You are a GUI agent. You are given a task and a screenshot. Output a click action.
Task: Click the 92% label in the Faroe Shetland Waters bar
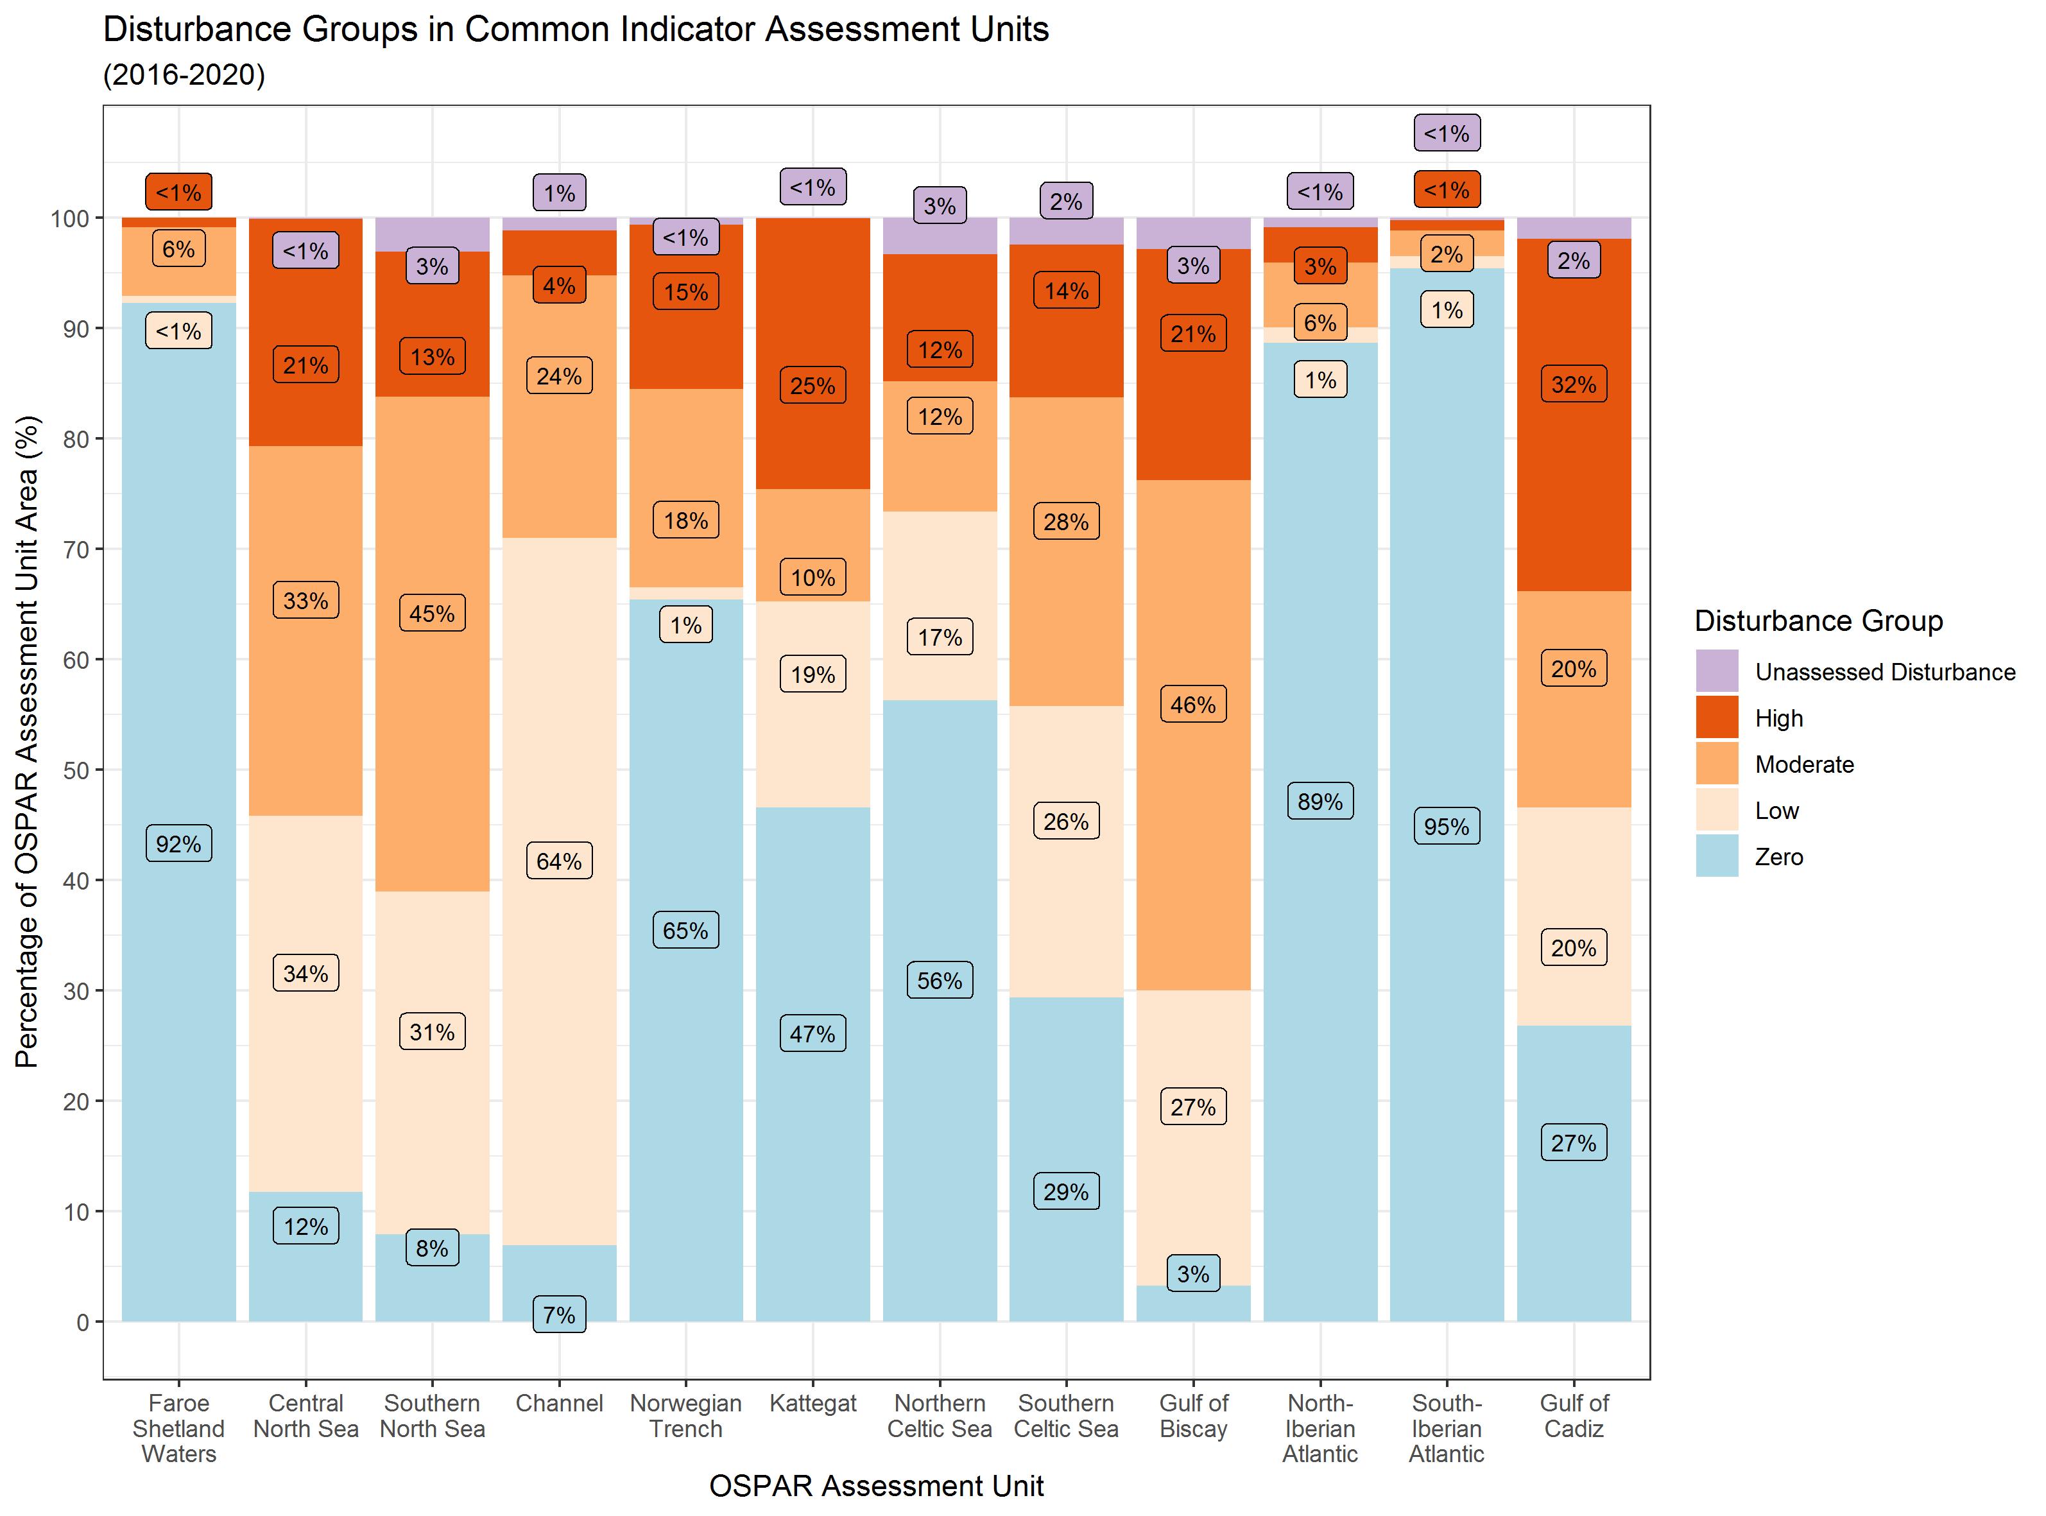(x=179, y=843)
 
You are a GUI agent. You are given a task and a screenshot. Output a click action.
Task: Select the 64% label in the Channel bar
(x=559, y=861)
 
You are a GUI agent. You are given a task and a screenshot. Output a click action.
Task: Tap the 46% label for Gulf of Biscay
(x=1192, y=705)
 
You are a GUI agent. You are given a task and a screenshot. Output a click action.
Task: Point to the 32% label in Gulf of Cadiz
(x=1574, y=384)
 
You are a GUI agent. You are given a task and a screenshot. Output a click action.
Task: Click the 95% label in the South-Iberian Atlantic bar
(x=1447, y=827)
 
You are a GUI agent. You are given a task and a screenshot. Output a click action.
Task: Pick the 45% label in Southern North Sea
(x=432, y=613)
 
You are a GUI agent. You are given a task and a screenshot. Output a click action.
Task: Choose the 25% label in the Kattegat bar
(x=813, y=386)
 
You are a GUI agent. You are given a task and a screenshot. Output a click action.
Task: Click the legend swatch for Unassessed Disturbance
(x=1717, y=671)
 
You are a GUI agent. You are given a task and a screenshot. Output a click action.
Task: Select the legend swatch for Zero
(x=1717, y=856)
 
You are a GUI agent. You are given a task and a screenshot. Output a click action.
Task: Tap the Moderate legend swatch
(x=1717, y=764)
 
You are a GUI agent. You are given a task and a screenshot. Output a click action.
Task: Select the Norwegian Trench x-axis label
(x=685, y=1416)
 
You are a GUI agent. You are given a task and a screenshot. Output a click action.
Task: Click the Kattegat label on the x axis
(x=813, y=1403)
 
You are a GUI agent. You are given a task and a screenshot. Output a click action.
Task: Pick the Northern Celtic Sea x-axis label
(x=940, y=1416)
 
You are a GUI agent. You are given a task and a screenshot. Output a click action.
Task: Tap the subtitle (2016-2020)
(x=184, y=74)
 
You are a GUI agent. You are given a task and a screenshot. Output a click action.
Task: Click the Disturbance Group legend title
(x=1818, y=621)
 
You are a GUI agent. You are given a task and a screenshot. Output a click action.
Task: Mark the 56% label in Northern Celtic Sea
(x=940, y=980)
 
